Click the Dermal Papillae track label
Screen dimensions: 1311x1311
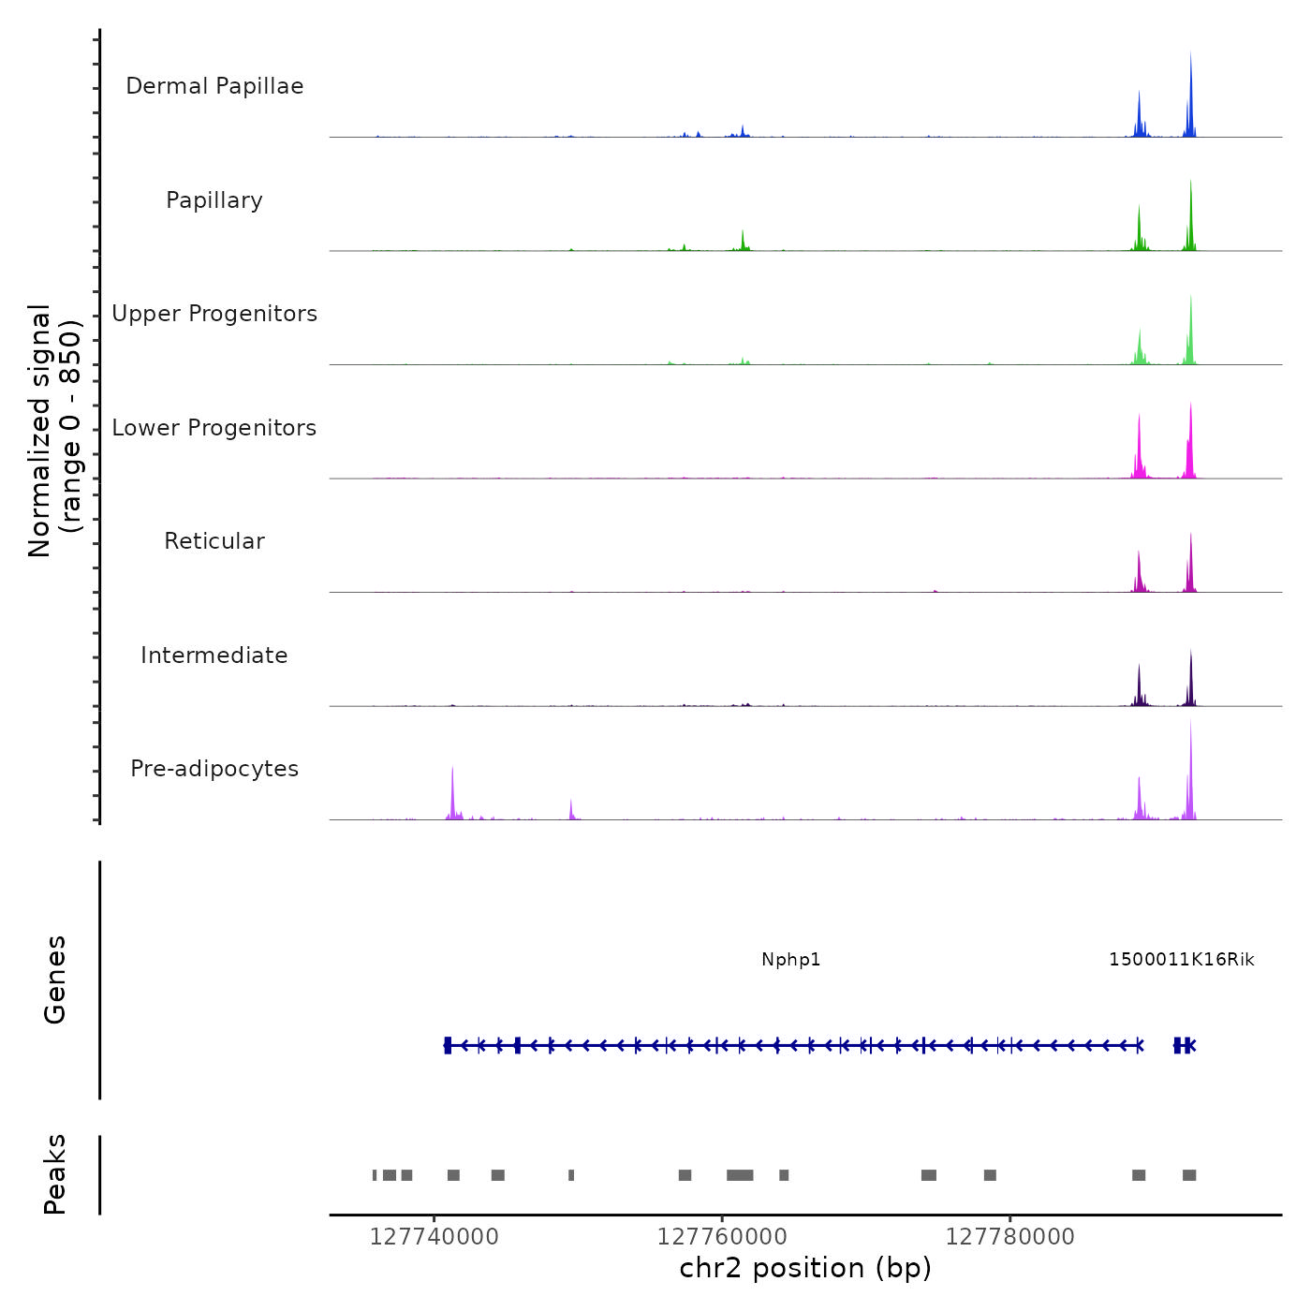(x=214, y=86)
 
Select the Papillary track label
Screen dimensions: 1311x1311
(x=214, y=200)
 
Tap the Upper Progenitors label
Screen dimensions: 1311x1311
(x=214, y=314)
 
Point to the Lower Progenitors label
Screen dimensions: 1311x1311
(x=214, y=428)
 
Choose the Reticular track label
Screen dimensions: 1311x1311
(x=214, y=541)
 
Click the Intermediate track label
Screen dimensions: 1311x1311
(x=214, y=655)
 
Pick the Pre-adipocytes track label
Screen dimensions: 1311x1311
(x=214, y=769)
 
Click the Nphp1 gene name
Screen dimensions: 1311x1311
(x=791, y=960)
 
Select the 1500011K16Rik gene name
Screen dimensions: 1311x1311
(x=1181, y=960)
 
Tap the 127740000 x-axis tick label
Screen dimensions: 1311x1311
(x=435, y=1237)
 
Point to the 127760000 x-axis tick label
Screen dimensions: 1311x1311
(x=722, y=1237)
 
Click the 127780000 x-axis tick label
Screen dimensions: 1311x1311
(x=1010, y=1237)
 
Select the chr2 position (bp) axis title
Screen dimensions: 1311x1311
(x=805, y=1269)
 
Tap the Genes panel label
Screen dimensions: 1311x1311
(x=55, y=980)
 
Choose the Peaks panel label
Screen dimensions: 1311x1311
(x=55, y=1174)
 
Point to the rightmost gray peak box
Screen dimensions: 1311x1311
(x=1189, y=1175)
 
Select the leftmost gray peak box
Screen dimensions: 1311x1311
(x=375, y=1175)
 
